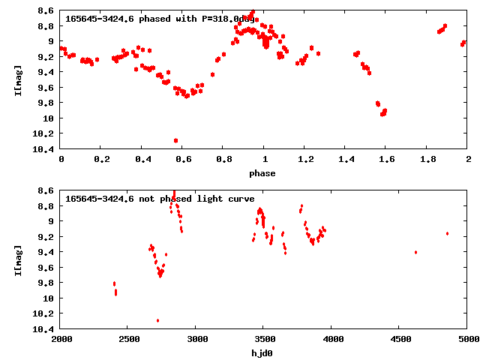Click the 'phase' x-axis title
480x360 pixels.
pos(262,173)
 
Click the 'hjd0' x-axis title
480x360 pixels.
pos(262,353)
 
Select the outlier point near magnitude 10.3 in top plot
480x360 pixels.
pos(175,140)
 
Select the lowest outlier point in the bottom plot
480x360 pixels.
pos(157,320)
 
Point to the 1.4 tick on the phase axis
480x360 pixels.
pos(345,160)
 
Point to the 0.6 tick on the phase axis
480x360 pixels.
pos(182,160)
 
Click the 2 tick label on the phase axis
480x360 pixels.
pos(467,160)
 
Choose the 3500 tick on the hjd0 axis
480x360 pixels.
pos(331,340)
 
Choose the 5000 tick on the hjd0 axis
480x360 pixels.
pos(467,340)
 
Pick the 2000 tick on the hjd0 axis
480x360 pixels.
pos(61,340)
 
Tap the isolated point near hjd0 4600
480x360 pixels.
pos(415,252)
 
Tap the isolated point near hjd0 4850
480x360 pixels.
pos(447,233)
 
